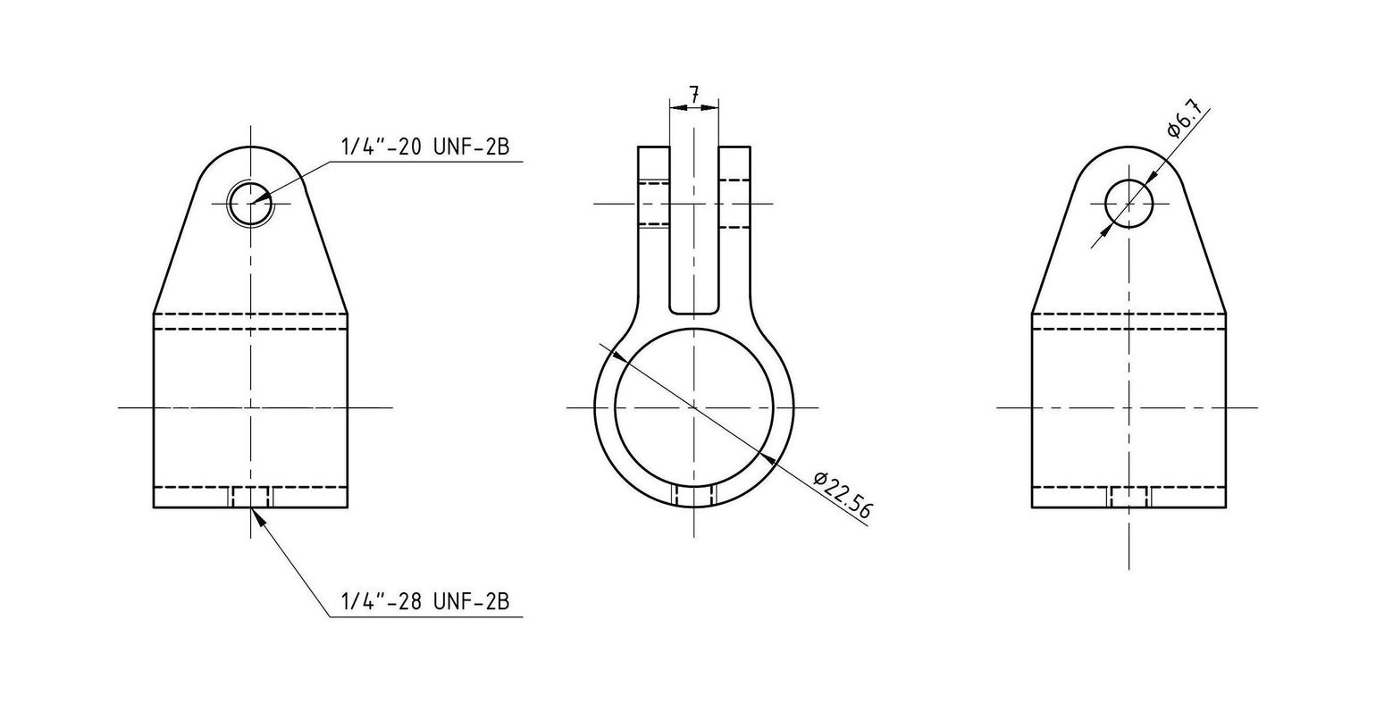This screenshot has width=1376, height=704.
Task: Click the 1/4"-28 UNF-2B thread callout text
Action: point(424,602)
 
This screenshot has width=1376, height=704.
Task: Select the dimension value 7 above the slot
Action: point(693,93)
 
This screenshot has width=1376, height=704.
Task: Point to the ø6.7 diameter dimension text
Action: point(1186,121)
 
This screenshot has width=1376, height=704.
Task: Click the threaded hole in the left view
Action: point(251,205)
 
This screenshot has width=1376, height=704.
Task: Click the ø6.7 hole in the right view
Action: point(1129,204)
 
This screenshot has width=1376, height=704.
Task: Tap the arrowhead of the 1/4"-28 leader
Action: point(256,515)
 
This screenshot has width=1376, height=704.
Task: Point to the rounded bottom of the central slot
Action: point(693,312)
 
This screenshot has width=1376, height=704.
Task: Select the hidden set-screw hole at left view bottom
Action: point(251,497)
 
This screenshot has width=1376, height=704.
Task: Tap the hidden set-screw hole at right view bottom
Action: point(1129,497)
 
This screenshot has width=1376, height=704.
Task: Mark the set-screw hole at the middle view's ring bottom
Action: point(693,496)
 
